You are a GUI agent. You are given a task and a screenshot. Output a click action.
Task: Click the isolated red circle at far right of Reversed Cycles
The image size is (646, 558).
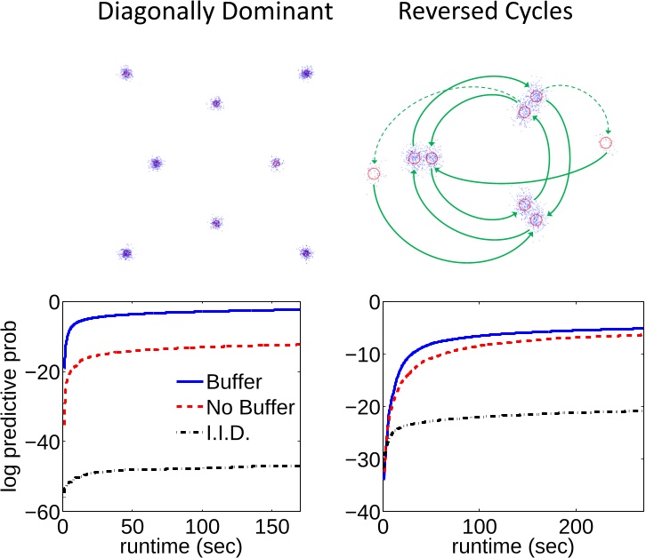click(606, 142)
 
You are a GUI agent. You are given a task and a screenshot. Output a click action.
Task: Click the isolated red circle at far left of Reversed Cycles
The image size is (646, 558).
click(373, 174)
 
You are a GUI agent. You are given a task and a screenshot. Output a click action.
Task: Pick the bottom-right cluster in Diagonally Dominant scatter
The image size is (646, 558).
click(306, 253)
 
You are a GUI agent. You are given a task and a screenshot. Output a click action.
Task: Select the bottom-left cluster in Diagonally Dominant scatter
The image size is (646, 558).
click(126, 253)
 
